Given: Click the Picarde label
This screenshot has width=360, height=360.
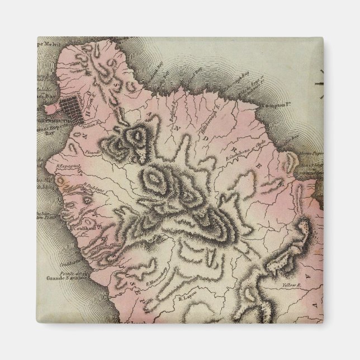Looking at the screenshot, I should (x=92, y=150).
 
